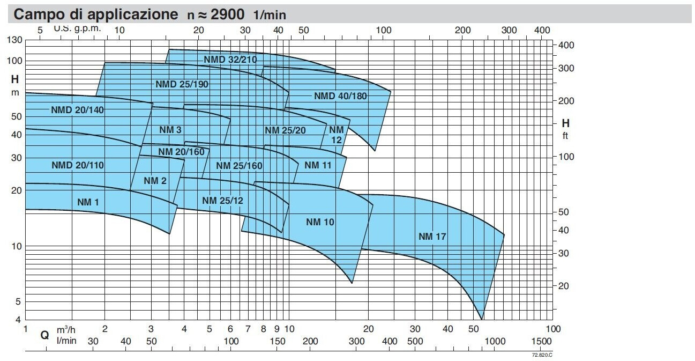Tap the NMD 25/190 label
click(182, 84)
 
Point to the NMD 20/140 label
click(78, 110)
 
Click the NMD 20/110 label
click(78, 165)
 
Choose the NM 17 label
click(432, 236)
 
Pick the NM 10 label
click(320, 222)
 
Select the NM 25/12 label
click(222, 201)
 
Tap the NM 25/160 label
click(239, 165)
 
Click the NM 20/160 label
click(182, 152)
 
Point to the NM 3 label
click(170, 130)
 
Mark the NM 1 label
click(92, 202)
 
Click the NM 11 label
click(318, 165)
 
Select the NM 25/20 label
click(285, 130)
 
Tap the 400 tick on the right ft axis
click(566, 45)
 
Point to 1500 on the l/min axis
click(541, 342)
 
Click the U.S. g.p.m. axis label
click(77, 28)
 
